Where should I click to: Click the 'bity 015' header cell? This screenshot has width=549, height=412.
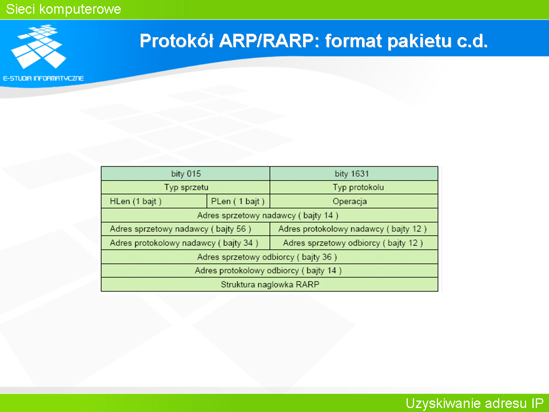[x=185, y=173]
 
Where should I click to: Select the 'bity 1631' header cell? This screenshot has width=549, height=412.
[x=354, y=173]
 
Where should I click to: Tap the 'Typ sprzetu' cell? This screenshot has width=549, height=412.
[x=185, y=188]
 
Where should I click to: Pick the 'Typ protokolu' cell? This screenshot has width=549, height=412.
[x=354, y=188]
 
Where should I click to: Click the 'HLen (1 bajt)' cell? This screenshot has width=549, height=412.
[x=154, y=201]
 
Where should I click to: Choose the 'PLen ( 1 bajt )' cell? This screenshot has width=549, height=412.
[x=238, y=201]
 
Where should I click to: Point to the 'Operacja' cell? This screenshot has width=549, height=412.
[x=354, y=201]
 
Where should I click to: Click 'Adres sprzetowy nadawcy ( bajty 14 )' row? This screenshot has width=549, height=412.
[x=269, y=216]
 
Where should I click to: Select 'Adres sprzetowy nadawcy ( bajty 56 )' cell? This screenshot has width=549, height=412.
[x=185, y=229]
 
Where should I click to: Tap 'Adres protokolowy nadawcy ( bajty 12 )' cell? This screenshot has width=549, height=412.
[x=354, y=229]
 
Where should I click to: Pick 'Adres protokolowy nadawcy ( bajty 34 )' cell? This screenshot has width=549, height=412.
[x=185, y=243]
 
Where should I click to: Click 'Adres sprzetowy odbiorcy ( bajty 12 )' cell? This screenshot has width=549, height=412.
[x=354, y=243]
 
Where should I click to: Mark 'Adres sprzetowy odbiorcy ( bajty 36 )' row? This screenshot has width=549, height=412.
[x=269, y=257]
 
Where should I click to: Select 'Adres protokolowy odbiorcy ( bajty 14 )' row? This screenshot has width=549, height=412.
[x=269, y=271]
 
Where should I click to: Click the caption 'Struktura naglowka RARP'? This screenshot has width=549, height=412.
[x=270, y=284]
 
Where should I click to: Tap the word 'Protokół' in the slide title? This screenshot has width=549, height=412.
[x=177, y=41]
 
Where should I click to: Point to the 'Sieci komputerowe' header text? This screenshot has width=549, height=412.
[x=63, y=9]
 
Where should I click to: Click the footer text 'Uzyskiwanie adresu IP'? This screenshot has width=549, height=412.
[x=475, y=403]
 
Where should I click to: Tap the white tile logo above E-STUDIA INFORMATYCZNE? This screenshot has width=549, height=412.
[x=38, y=46]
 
